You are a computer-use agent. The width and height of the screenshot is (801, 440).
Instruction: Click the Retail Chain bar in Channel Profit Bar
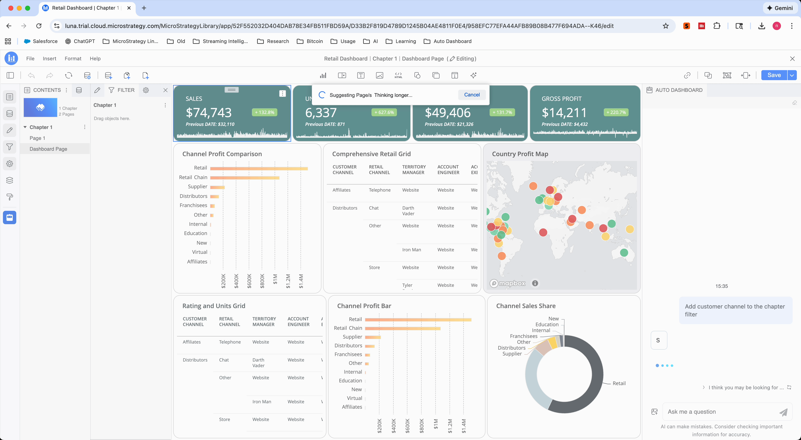(x=402, y=328)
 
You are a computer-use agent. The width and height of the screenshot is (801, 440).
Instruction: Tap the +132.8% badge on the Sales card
(x=264, y=112)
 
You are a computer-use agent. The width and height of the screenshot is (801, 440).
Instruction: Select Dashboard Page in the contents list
(x=48, y=149)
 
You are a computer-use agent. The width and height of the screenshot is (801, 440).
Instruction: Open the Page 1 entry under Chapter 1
(x=37, y=138)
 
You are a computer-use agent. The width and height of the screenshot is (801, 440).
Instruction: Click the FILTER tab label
(x=126, y=90)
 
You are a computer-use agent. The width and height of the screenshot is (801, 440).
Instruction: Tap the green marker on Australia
(x=624, y=253)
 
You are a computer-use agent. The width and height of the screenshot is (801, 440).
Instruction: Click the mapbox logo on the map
(x=508, y=283)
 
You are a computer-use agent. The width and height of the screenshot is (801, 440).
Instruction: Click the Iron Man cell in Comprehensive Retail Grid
(x=411, y=250)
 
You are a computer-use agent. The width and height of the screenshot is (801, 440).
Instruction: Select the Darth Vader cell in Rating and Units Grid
(x=258, y=363)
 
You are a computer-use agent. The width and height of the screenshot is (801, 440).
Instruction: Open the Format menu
(x=73, y=58)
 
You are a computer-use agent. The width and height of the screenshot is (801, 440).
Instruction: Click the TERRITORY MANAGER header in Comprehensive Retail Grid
(x=414, y=169)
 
